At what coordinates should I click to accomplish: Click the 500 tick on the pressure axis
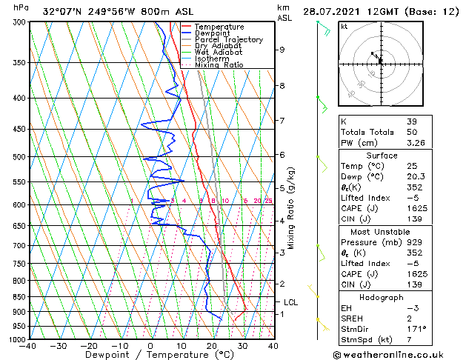click(20, 157)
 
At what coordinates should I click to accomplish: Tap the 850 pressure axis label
click(20, 296)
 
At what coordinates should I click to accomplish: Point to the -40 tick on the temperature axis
click(29, 345)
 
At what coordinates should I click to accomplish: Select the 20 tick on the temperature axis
click(212, 345)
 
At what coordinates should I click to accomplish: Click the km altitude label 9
click(282, 50)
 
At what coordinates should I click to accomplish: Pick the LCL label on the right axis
click(291, 302)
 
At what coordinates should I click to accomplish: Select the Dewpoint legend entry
click(213, 33)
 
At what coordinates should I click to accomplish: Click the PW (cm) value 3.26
click(416, 143)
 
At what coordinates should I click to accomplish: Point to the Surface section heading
click(382, 156)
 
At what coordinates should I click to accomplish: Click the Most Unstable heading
click(382, 230)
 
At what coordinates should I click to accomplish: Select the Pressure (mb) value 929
click(414, 241)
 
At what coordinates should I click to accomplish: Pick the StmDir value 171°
click(416, 328)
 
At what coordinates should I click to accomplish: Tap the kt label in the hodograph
click(344, 26)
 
